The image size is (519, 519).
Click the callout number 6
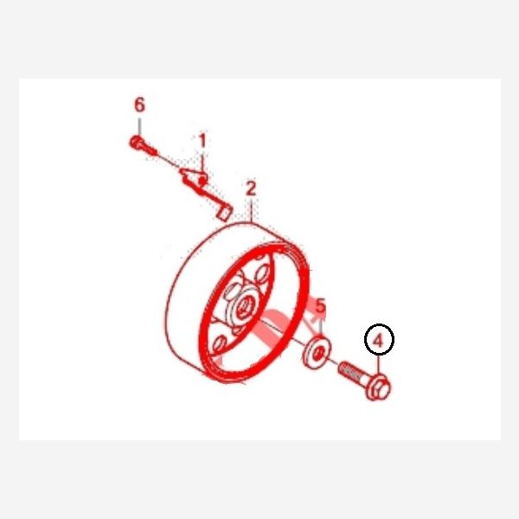(x=139, y=105)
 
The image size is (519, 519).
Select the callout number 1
(x=202, y=141)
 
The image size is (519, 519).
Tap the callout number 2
(x=251, y=189)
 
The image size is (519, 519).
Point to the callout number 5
(x=320, y=305)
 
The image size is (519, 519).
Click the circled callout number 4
(x=379, y=339)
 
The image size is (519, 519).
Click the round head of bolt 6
(x=136, y=143)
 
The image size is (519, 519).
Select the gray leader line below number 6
(x=139, y=127)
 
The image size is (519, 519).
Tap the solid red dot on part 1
(x=202, y=181)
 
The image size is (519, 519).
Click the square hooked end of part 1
(x=225, y=213)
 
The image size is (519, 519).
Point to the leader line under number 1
(x=202, y=162)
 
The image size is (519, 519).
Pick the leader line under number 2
(x=252, y=209)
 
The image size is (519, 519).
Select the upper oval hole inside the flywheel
(x=262, y=273)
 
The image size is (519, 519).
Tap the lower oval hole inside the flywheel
(x=219, y=344)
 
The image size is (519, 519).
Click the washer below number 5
(x=317, y=352)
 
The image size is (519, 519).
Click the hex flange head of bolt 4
(x=378, y=387)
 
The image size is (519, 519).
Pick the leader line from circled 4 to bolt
(x=380, y=365)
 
